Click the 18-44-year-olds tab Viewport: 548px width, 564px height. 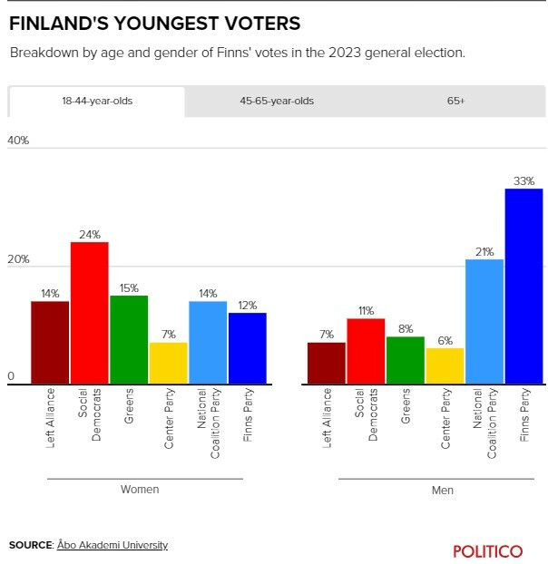tap(96, 102)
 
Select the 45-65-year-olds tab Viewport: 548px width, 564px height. tap(277, 102)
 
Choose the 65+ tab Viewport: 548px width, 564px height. tap(455, 102)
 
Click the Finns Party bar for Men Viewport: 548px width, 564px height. tap(524, 286)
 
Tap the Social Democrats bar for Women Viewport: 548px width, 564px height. tap(90, 313)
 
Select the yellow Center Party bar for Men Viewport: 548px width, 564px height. tap(445, 365)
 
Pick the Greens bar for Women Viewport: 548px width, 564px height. tap(129, 339)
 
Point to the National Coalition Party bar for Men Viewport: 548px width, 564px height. tap(484, 321)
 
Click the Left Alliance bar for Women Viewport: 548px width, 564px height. tap(50, 342)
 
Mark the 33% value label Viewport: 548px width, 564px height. tap(524, 181)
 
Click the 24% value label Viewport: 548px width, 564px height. tap(90, 235)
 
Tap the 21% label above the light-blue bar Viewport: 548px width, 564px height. tap(484, 252)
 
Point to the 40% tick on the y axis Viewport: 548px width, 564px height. tap(18, 141)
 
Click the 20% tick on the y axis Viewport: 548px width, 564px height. tap(18, 259)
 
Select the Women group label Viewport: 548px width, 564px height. tap(140, 490)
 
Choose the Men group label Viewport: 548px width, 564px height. tap(443, 491)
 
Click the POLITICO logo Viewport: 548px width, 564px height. tap(488, 550)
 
